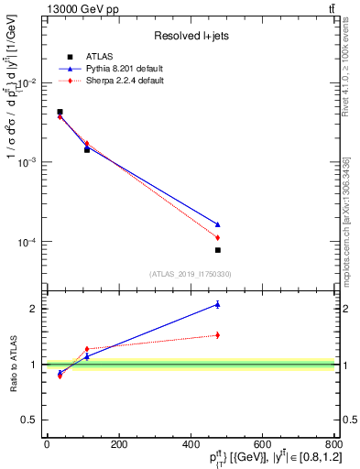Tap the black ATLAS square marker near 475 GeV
point(218,250)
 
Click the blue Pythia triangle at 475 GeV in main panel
point(218,224)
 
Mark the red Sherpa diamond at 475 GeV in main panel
point(218,238)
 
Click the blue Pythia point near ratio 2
point(218,304)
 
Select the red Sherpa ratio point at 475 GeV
point(218,334)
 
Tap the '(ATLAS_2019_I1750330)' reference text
point(190,274)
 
